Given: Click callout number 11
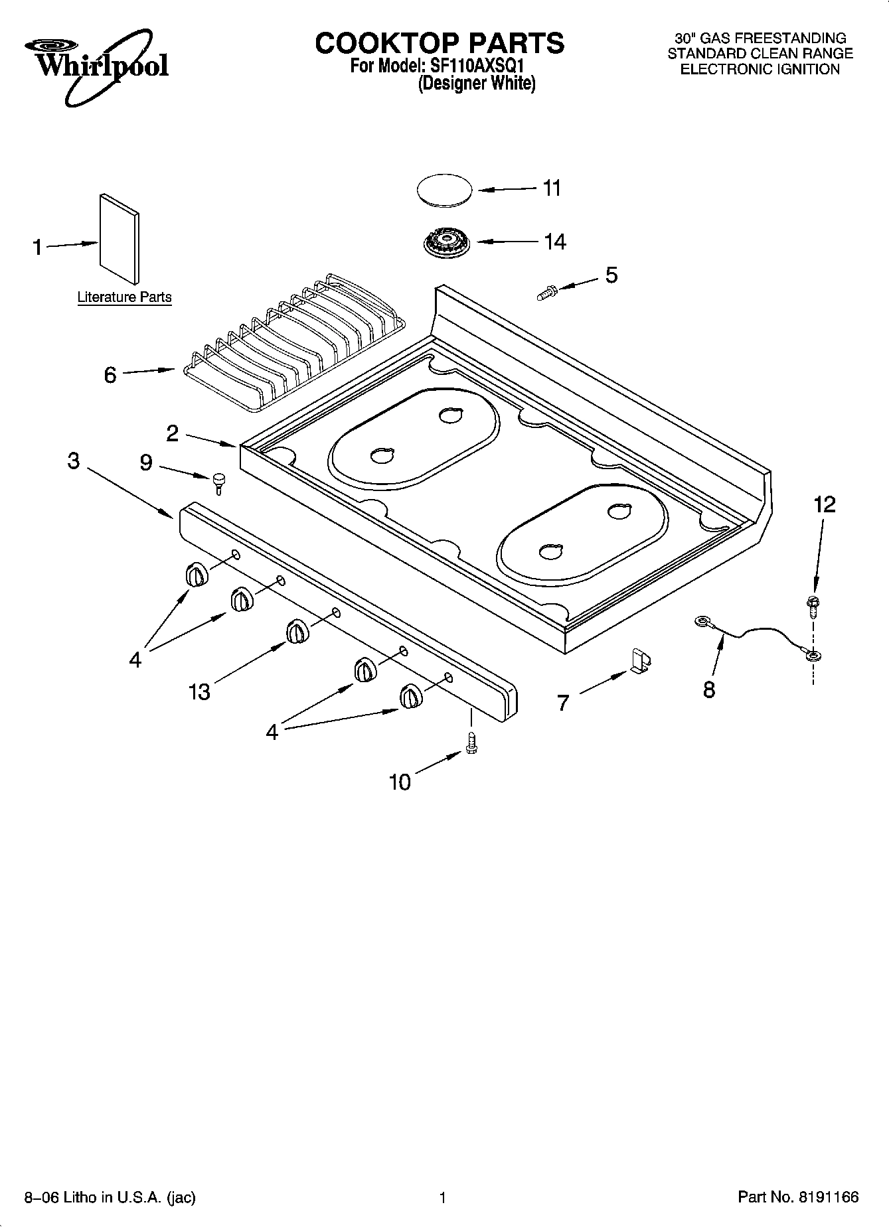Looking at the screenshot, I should click(552, 188).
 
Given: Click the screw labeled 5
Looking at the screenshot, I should click(547, 291).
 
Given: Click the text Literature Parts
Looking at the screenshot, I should click(124, 297).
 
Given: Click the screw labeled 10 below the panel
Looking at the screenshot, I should click(472, 743).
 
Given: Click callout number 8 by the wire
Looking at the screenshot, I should click(709, 689).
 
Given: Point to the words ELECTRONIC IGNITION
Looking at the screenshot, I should click(760, 70).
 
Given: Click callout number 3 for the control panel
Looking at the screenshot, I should click(74, 461).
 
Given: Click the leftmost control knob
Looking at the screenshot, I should click(197, 574).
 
